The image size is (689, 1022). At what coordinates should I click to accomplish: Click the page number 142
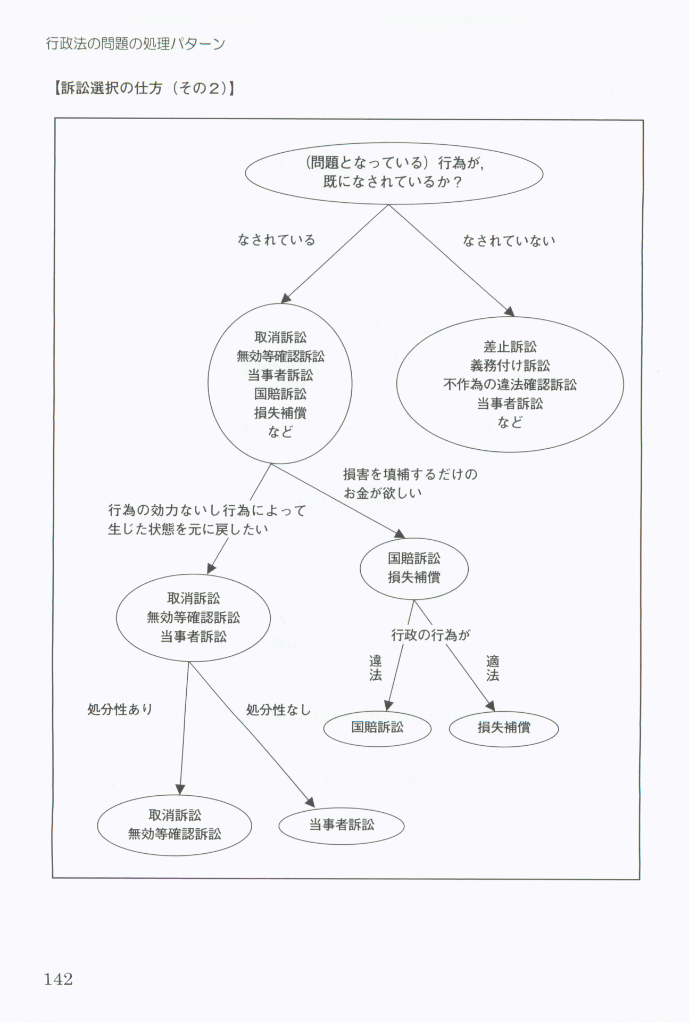click(59, 979)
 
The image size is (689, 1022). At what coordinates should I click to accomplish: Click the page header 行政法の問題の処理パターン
click(136, 44)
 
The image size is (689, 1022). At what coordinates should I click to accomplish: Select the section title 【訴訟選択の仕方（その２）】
click(144, 88)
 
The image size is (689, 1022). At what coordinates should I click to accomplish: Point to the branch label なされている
click(276, 240)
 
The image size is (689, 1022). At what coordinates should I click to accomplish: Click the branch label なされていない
click(509, 241)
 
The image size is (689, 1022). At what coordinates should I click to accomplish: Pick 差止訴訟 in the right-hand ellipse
click(510, 347)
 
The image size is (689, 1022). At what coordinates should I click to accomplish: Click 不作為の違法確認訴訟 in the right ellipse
click(510, 385)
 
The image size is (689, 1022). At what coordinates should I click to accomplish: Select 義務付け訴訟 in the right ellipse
click(510, 366)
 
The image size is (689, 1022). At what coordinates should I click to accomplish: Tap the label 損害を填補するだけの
click(410, 474)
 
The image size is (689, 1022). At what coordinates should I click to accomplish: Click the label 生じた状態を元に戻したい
click(188, 529)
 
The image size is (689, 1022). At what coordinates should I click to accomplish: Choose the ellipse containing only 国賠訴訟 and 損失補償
click(414, 568)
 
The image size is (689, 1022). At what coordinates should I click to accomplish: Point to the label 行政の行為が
click(430, 635)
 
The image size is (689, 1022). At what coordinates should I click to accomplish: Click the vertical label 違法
click(376, 669)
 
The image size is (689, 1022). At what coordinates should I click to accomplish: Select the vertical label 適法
click(493, 669)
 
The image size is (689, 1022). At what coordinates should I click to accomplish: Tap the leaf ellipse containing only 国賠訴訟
click(377, 727)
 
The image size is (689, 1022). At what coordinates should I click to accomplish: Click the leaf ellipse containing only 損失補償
click(503, 728)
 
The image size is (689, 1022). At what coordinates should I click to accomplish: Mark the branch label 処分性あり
click(120, 710)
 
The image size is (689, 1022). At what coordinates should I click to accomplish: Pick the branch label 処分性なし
click(278, 710)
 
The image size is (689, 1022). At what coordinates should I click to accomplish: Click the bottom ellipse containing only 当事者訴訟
click(342, 825)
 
